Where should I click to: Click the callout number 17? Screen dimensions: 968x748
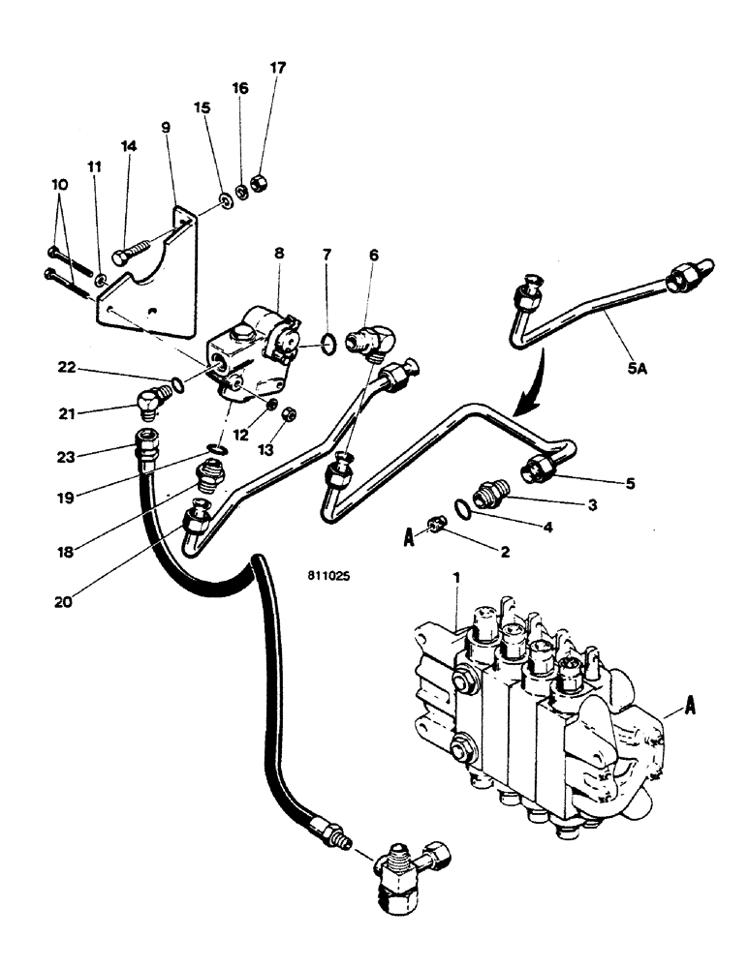click(x=278, y=68)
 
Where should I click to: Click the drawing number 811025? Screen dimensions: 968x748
click(x=329, y=574)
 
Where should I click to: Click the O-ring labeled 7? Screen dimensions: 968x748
click(x=329, y=342)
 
